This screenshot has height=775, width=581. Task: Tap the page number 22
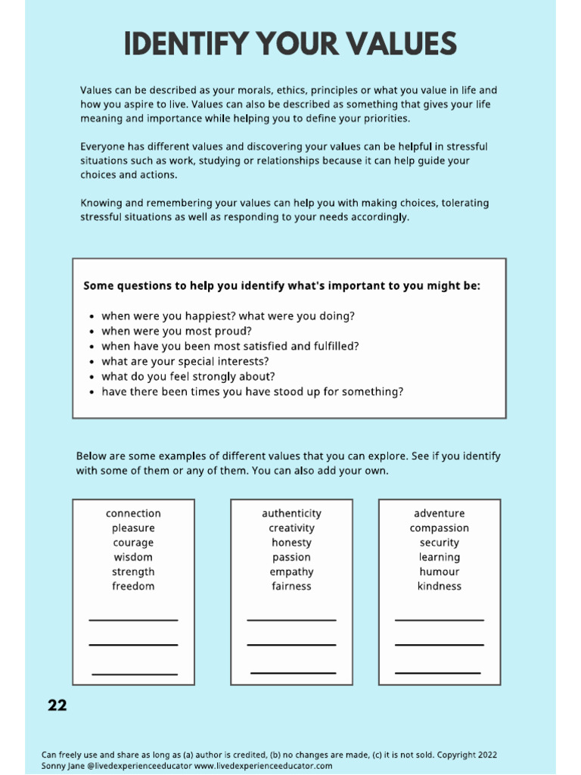coord(57,705)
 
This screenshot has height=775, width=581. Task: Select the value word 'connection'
coord(133,513)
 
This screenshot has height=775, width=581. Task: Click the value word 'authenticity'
coord(291,513)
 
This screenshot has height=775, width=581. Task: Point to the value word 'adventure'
coord(440,513)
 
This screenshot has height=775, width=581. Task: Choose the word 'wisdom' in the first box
coord(133,557)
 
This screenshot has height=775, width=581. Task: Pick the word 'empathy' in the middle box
coord(291,571)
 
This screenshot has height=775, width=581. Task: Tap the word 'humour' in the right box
coord(440,571)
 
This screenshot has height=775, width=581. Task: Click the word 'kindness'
coord(440,586)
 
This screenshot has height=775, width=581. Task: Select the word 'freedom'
coord(133,586)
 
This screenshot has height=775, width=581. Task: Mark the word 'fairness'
coord(291,586)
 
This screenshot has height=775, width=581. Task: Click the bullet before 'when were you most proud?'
coord(92,331)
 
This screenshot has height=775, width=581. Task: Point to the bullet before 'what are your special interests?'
coord(92,362)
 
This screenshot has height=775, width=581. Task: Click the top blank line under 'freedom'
coord(133,621)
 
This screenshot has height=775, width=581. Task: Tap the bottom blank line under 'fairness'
coord(293,673)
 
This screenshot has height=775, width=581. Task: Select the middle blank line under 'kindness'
coord(439,645)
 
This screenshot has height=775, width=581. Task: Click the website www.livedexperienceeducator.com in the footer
coord(263,766)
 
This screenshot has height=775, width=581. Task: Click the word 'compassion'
coord(440,528)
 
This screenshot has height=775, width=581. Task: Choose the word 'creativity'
coord(291,528)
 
